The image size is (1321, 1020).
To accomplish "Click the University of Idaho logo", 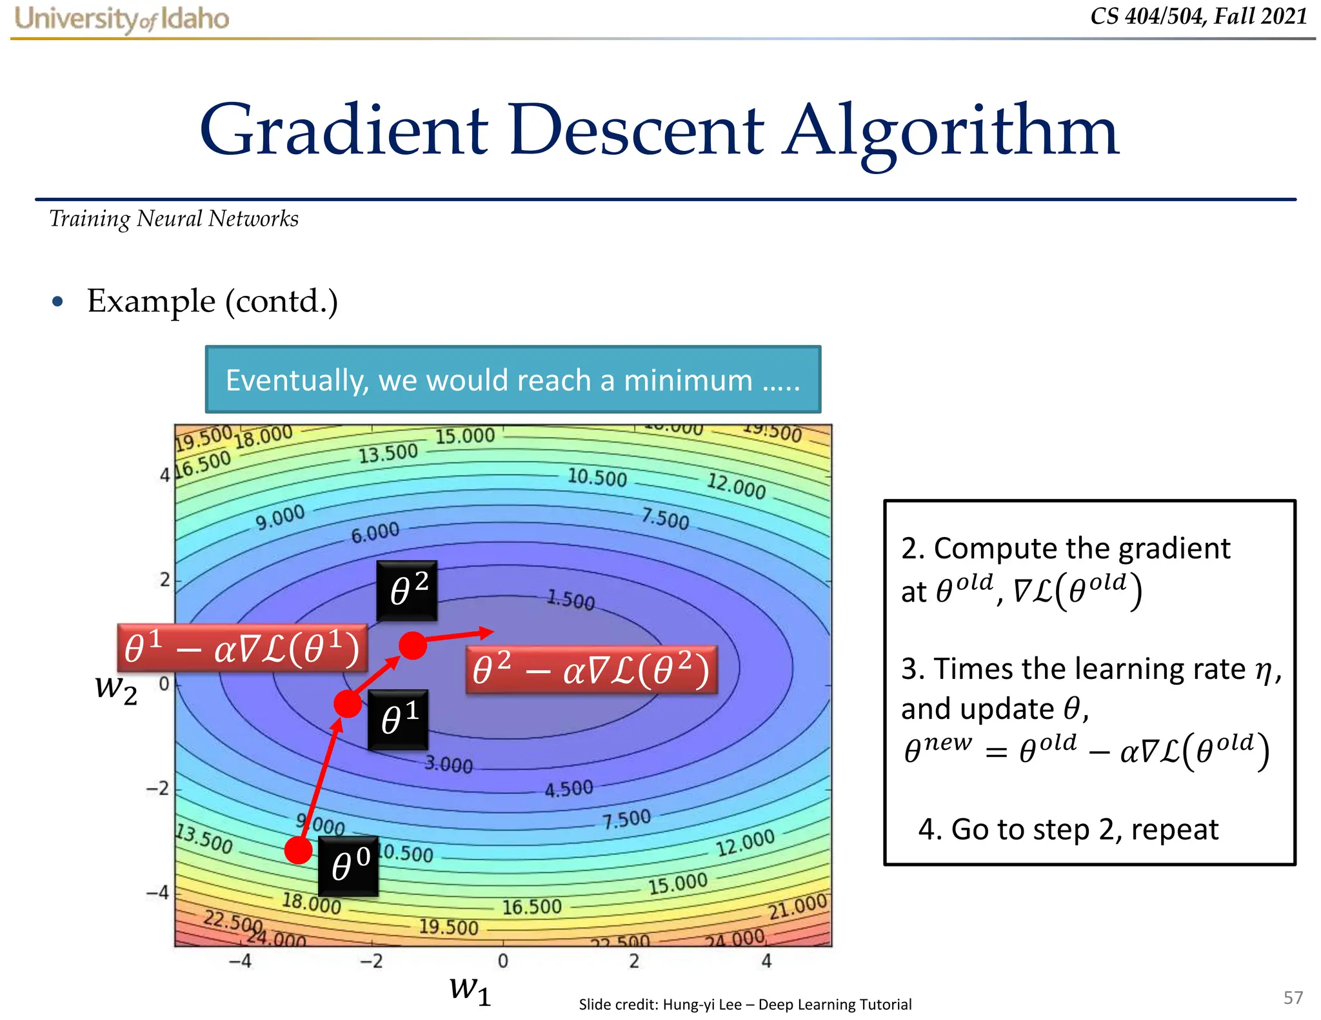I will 121,19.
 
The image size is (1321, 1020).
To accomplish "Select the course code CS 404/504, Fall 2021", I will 1198,16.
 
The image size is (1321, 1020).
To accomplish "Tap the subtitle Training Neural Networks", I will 174,219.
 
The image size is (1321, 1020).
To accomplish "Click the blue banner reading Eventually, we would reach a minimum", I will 513,380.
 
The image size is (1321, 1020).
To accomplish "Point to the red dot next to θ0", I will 299,850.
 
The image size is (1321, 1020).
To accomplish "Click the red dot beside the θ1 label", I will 348,704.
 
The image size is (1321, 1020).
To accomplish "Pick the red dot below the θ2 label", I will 413,645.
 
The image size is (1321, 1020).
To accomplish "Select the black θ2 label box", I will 408,590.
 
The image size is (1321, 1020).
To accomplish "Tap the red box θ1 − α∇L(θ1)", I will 242,648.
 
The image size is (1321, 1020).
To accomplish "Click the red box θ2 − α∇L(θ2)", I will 591,670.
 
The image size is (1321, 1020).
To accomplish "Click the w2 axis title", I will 116,689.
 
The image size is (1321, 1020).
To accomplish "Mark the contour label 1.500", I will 571,600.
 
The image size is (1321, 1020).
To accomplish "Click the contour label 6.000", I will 375,533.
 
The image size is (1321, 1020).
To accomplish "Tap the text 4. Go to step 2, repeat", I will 1068,829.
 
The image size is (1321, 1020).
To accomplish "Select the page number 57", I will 1293,997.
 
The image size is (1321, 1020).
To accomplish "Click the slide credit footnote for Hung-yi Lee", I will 745,1004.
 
